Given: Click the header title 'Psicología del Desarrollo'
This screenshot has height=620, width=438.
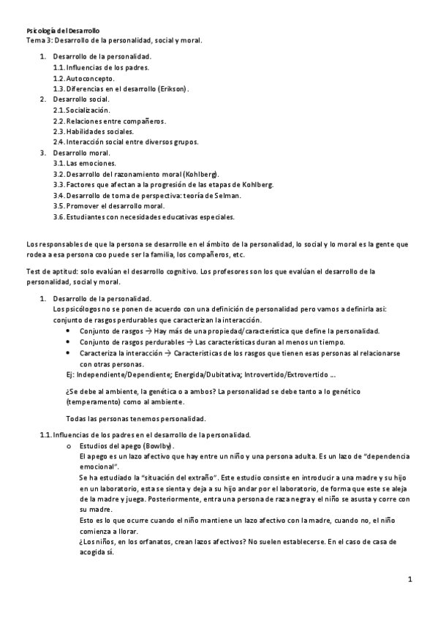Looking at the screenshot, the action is (x=63, y=31).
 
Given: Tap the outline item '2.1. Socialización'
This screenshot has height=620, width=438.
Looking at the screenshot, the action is (x=87, y=110).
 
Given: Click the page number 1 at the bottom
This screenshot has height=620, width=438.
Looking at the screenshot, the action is (x=410, y=580).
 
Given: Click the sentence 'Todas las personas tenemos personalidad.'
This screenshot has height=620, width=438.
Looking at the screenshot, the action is (x=136, y=418).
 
